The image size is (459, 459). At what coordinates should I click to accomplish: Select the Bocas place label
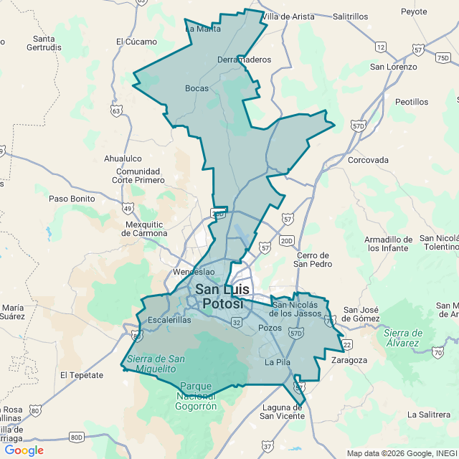197,88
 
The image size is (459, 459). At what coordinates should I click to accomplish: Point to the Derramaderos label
244,60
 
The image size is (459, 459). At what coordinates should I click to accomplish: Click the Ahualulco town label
123,158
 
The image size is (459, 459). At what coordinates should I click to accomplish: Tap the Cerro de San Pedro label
313,260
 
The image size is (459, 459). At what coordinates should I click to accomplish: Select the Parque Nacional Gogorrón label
195,396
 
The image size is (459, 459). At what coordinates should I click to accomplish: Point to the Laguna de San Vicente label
282,411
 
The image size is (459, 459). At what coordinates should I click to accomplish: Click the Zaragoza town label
350,360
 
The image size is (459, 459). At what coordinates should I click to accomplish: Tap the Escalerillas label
169,320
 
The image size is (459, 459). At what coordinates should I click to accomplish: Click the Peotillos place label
412,102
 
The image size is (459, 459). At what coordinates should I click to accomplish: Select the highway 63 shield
116,110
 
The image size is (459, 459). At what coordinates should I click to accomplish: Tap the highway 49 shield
127,208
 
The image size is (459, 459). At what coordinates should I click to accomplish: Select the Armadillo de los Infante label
388,244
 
